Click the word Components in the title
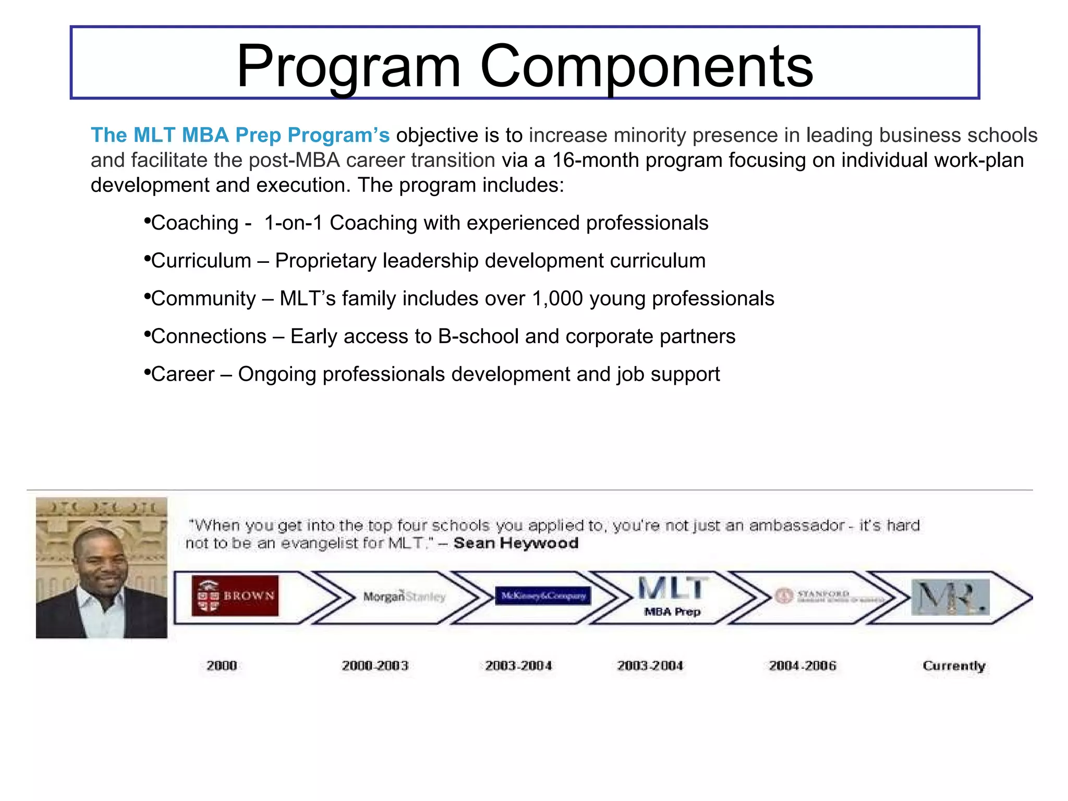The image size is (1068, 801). tap(646, 66)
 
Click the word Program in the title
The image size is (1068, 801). tap(348, 66)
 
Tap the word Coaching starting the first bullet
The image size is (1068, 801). tap(195, 223)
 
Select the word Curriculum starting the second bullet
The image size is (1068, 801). tap(201, 261)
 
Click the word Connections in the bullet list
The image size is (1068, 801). tap(209, 336)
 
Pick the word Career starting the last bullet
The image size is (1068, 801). tap(183, 374)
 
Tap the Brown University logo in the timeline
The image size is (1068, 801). tap(235, 596)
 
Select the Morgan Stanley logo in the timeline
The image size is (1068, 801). tap(404, 597)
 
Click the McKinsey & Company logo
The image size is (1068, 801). tap(543, 596)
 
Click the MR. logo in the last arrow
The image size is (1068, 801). tap(950, 597)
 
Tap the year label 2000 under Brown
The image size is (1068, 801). tap(222, 665)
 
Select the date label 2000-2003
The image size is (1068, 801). tap(375, 665)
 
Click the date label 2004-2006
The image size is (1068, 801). tap(802, 665)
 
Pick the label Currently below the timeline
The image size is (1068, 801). tap(954, 666)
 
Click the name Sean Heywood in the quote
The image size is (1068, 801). tap(516, 543)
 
